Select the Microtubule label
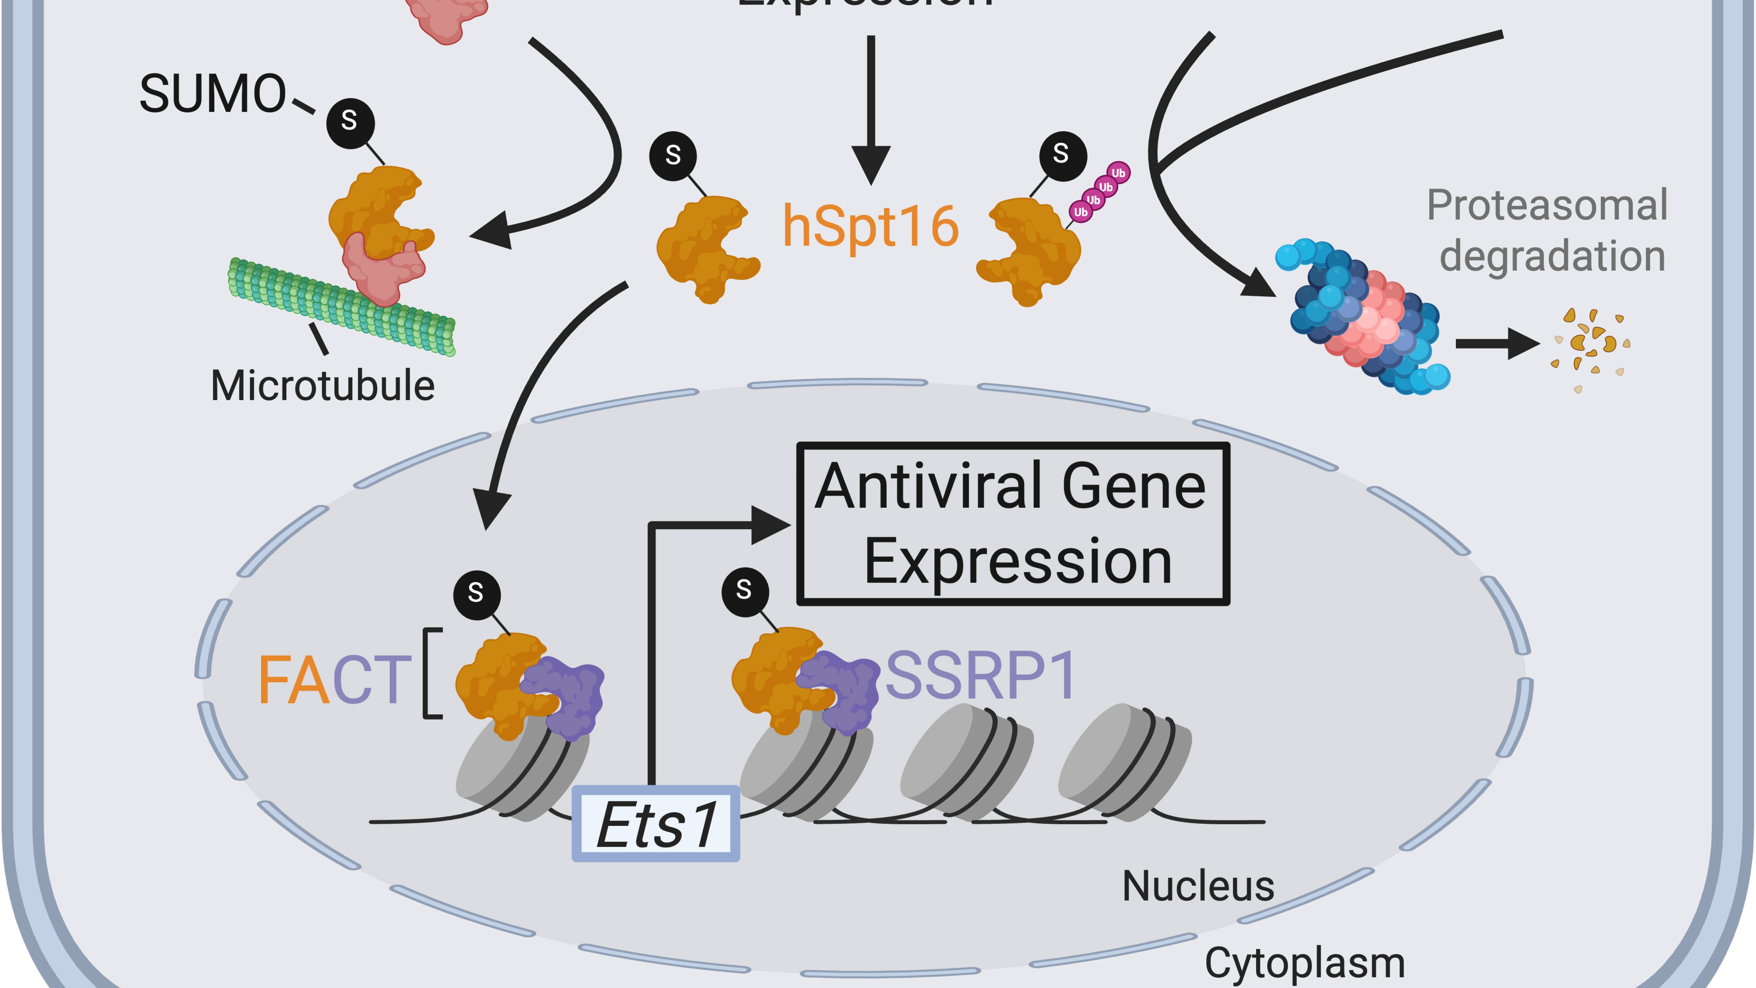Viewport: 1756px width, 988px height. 322,386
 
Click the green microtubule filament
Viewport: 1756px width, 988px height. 341,307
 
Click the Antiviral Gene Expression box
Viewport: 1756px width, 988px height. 1013,524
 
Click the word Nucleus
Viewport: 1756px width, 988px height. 1198,886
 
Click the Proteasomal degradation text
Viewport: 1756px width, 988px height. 1547,230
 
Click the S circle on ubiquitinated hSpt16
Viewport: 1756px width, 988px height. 1061,155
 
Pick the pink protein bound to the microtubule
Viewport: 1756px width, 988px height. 382,269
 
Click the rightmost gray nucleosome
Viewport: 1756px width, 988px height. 1125,760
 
